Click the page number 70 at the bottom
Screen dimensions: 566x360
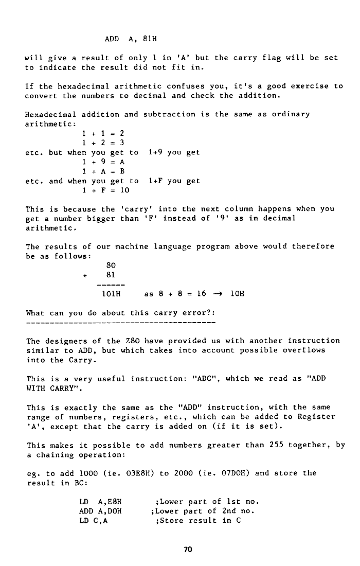tap(187, 549)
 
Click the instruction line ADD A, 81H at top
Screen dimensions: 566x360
tap(134, 39)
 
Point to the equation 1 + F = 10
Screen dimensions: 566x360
tap(105, 190)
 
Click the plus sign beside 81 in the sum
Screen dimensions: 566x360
tap(83, 275)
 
